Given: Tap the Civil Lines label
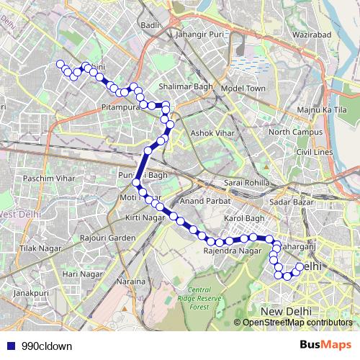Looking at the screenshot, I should [318, 153].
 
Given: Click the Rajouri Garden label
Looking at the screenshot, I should [108, 238].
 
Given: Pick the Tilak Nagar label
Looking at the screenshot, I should [37, 248].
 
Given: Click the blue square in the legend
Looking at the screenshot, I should [10, 346].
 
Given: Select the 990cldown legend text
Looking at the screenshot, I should [47, 346].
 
